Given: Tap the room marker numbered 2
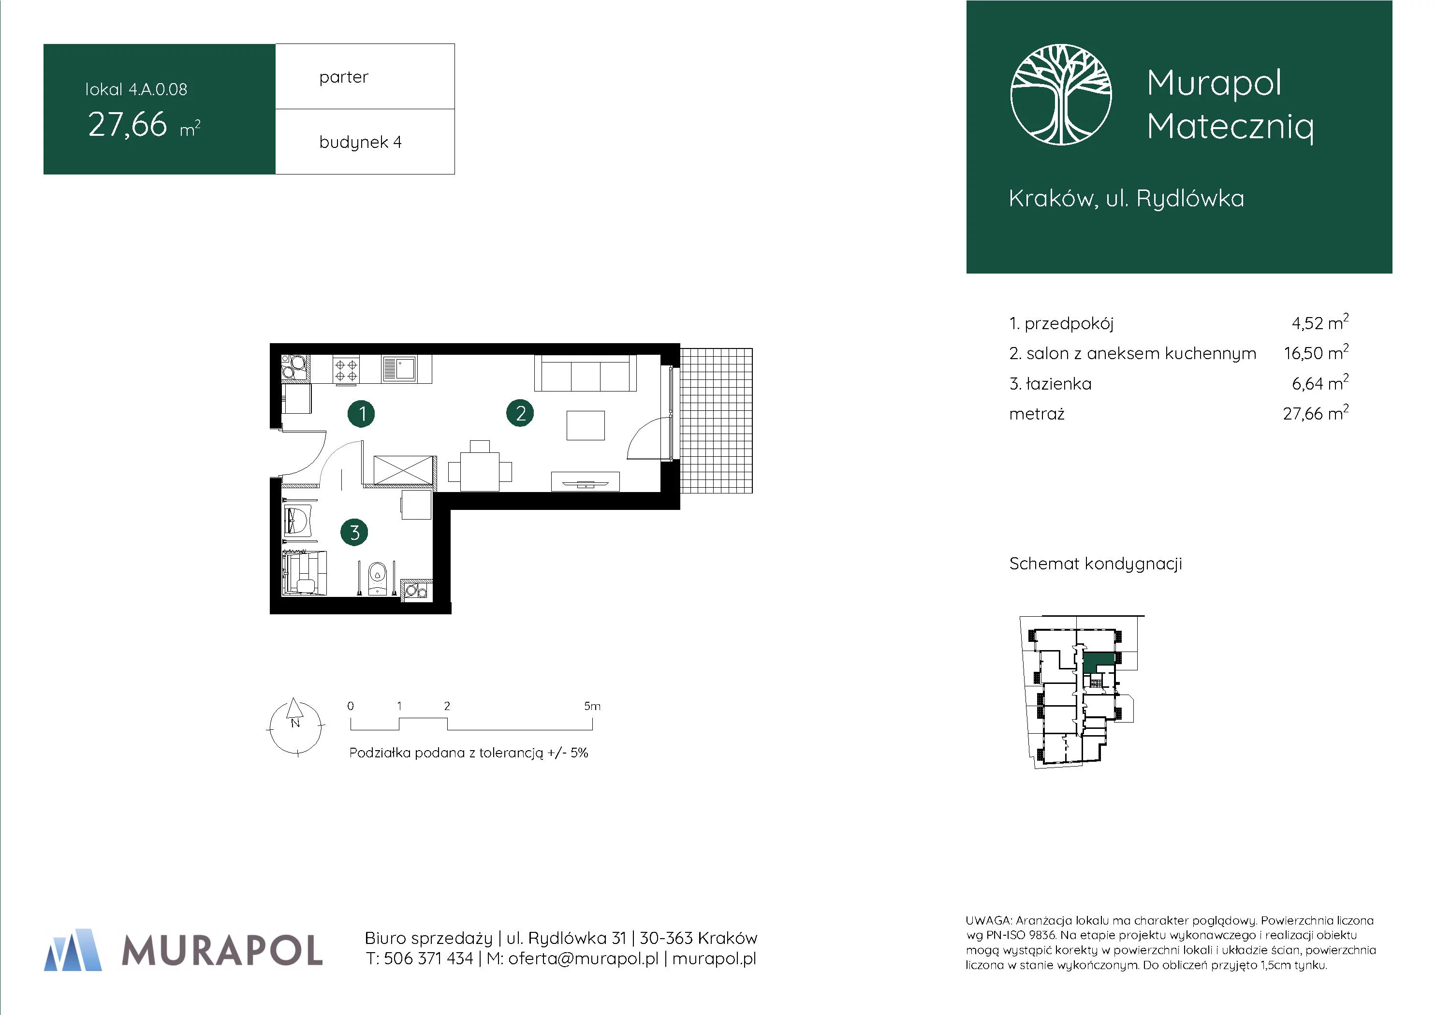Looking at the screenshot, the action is pos(520,413).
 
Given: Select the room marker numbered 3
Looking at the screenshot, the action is pos(354,532).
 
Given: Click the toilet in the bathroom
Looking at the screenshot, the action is pos(377,578).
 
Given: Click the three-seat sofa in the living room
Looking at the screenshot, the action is pos(586,373).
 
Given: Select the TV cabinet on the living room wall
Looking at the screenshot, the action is pos(586,481).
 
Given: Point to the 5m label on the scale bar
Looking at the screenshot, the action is pos(592,706).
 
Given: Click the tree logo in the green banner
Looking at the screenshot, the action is pos(1061,94).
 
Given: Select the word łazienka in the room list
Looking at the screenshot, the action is pos(1059,384).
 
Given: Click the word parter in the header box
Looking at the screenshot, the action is pos(343,77).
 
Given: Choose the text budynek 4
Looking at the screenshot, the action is pos(360,143).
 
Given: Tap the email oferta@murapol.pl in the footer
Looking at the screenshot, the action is pos(583,959).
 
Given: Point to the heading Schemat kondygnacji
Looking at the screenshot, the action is pos(1096,564).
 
